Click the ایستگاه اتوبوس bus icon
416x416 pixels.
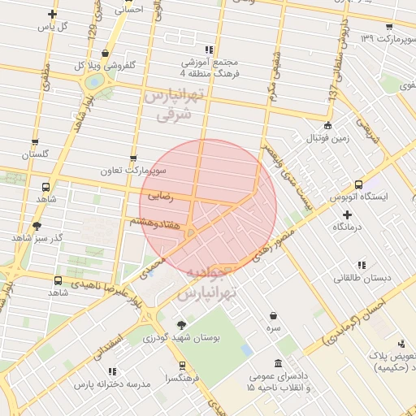point(358,184)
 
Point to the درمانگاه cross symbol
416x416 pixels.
point(347,215)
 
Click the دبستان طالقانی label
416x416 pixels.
point(362,278)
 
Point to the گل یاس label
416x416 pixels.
point(53,27)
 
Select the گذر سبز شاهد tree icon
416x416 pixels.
point(37,226)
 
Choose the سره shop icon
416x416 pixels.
point(273,316)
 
